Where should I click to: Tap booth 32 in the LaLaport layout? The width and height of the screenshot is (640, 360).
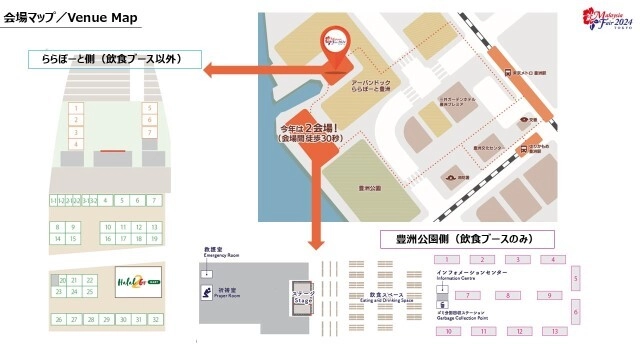pos(154,319)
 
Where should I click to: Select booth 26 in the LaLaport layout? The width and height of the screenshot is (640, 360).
pos(59,319)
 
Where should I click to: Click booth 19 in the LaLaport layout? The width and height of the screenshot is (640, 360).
pos(154,239)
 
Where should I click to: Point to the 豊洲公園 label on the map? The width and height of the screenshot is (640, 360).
pos(369,186)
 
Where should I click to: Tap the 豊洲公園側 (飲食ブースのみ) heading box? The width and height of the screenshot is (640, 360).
pos(467,239)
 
